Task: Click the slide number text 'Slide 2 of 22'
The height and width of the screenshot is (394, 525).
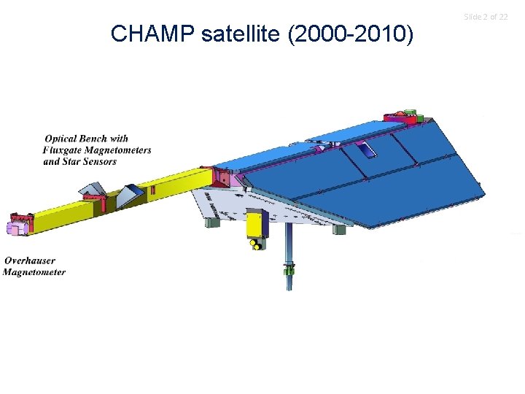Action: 486,17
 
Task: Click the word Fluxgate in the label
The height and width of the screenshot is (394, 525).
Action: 68,150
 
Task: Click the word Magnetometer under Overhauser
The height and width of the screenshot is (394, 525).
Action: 34,272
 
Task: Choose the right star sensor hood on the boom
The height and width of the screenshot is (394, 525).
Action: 131,193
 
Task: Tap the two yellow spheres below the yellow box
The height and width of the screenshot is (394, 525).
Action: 257,246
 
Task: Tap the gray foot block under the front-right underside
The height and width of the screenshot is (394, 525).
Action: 339,228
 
